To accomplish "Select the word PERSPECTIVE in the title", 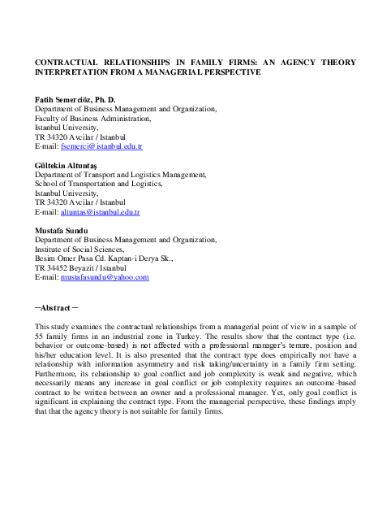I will point(230,72).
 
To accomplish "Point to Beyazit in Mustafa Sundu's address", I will point(85,268).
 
